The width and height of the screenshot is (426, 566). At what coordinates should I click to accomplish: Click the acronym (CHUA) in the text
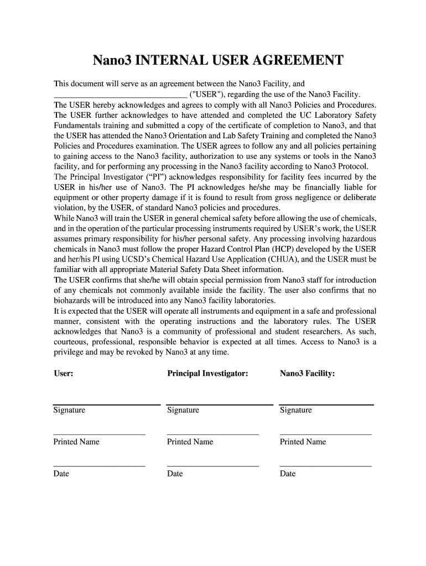tap(302, 259)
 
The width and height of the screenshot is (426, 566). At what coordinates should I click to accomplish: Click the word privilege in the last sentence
tap(70, 353)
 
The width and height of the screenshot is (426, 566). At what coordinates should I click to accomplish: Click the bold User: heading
tap(64, 374)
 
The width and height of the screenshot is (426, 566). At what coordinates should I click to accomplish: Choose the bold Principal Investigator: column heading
tap(207, 374)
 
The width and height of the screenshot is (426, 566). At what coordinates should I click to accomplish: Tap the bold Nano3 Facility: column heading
tap(307, 374)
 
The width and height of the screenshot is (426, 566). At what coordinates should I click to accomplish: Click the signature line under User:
tap(107, 405)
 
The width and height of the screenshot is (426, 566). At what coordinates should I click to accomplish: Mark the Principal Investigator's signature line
tap(220, 405)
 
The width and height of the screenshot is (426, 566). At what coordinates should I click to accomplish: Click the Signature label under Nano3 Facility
tap(296, 410)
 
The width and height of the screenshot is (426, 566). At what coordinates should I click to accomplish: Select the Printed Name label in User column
tap(76, 442)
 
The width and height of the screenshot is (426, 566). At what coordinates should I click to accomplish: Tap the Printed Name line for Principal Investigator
tap(212, 434)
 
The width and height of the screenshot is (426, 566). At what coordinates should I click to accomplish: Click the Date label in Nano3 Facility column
tap(288, 474)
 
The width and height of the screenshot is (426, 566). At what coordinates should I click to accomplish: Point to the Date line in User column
tap(99, 467)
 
